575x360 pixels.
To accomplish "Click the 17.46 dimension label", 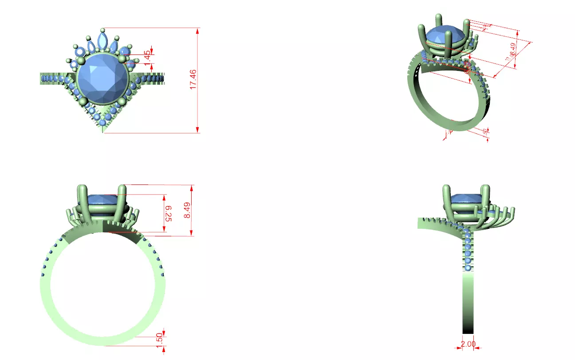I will (x=193, y=79).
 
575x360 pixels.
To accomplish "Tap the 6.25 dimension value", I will (x=168, y=213).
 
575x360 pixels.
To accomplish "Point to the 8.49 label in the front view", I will (x=187, y=210).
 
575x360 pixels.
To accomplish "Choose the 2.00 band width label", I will (x=468, y=344).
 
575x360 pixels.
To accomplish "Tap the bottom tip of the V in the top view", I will (x=103, y=130).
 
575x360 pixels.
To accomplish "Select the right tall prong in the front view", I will (x=122, y=204).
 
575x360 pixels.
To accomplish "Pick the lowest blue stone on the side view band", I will (x=468, y=268).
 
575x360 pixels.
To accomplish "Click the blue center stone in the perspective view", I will (x=445, y=35).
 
